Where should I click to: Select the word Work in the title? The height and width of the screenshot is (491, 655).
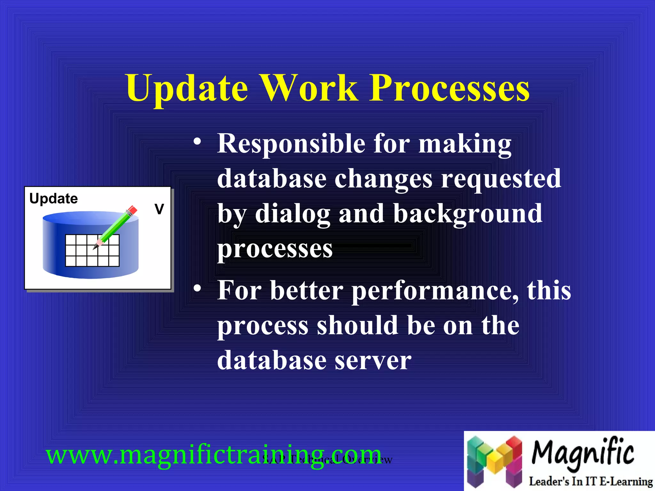pyautogui.click(x=309, y=88)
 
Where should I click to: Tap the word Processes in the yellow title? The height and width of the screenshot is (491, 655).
pyautogui.click(x=449, y=88)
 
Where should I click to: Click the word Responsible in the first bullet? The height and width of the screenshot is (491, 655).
pyautogui.click(x=291, y=144)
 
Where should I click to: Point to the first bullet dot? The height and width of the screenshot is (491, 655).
pyautogui.click(x=197, y=142)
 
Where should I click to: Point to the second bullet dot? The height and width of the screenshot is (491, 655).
pyautogui.click(x=197, y=288)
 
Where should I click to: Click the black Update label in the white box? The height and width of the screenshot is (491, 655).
pyautogui.click(x=53, y=199)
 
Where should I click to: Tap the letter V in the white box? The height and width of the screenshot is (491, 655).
pyautogui.click(x=159, y=209)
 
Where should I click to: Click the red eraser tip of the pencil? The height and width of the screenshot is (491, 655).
pyautogui.click(x=132, y=210)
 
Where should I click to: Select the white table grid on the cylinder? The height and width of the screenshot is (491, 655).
pyautogui.click(x=92, y=250)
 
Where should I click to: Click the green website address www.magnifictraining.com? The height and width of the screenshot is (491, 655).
pyautogui.click(x=213, y=455)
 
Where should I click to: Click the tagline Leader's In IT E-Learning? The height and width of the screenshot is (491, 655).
pyautogui.click(x=590, y=481)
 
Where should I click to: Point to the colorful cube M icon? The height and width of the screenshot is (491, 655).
pyautogui.click(x=494, y=460)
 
